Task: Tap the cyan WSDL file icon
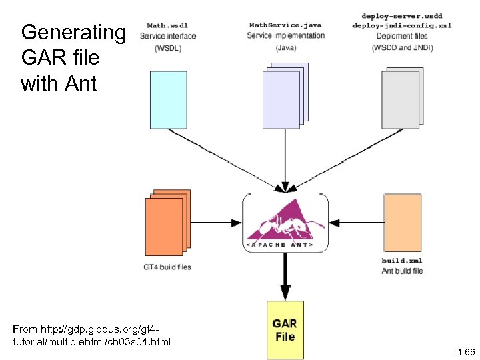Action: point(167,98)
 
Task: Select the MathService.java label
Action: point(285,25)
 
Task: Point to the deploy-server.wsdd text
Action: point(401,15)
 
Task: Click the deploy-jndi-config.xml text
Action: point(401,25)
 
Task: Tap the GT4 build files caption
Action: point(167,267)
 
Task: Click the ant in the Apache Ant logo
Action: point(279,227)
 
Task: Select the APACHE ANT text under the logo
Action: point(285,245)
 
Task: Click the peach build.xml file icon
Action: point(403,221)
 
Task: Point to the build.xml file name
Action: point(402,261)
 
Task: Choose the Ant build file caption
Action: point(402,271)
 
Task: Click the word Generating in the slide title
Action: point(73,32)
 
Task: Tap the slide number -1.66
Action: point(463,351)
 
